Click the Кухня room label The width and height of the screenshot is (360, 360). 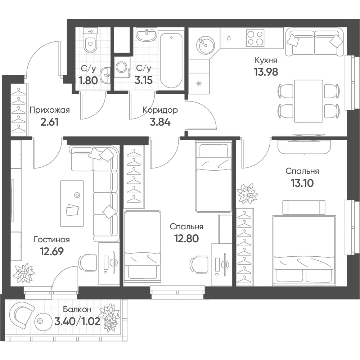[266, 60]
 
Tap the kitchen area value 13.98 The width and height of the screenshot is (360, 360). [266, 72]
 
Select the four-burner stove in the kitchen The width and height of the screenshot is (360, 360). [255, 38]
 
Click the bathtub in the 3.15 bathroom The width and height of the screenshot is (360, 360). [171, 60]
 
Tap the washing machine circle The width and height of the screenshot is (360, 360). [122, 67]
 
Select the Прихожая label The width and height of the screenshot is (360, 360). [50, 110]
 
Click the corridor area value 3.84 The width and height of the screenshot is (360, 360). [160, 122]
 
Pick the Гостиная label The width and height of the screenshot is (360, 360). [51, 240]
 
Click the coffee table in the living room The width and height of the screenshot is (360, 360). [72, 203]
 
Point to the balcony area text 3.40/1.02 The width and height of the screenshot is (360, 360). [77, 321]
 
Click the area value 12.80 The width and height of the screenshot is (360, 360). [186, 239]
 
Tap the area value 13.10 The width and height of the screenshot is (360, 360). [302, 183]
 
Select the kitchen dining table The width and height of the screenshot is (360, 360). [309, 101]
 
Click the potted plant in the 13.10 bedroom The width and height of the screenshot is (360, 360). [248, 193]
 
